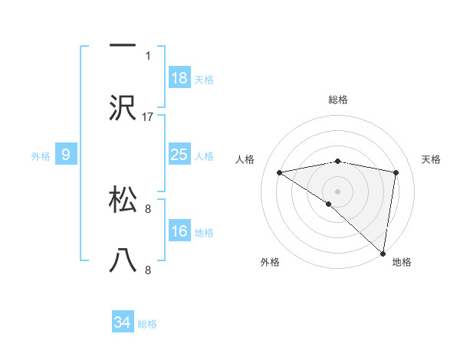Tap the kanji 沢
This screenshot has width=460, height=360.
click(123, 108)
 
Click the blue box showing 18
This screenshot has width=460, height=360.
click(179, 77)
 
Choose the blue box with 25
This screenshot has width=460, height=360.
click(179, 155)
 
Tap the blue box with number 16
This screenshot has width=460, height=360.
click(179, 231)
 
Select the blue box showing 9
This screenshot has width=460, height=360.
click(66, 155)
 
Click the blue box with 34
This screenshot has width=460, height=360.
click(123, 322)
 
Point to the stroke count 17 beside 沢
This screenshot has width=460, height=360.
click(149, 117)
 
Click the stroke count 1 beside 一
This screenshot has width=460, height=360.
click(149, 55)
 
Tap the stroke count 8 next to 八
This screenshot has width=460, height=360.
click(149, 270)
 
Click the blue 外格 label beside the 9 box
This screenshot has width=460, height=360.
click(41, 155)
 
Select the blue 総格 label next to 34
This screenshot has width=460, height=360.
click(147, 324)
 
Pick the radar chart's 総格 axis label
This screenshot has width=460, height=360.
click(337, 100)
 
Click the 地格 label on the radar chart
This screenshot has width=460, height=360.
click(402, 262)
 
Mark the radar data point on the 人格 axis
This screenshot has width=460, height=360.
click(280, 172)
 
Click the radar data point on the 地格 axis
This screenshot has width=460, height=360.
click(383, 253)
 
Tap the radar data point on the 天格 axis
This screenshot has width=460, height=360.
click(396, 172)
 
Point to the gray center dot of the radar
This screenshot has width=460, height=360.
click(337, 191)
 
